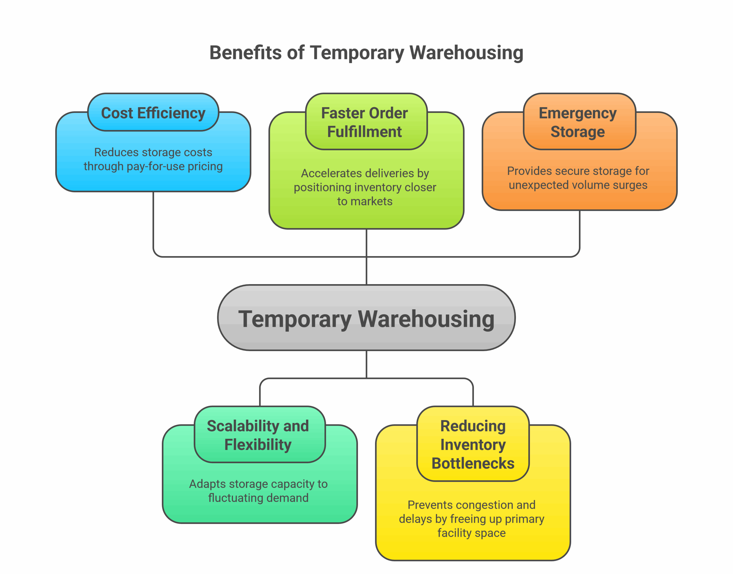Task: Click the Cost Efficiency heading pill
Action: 153,113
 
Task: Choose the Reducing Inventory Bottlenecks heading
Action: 473,444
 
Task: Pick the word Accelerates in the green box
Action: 324,173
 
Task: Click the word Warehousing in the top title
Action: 466,53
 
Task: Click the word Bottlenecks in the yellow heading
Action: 473,463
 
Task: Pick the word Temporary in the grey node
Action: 295,319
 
